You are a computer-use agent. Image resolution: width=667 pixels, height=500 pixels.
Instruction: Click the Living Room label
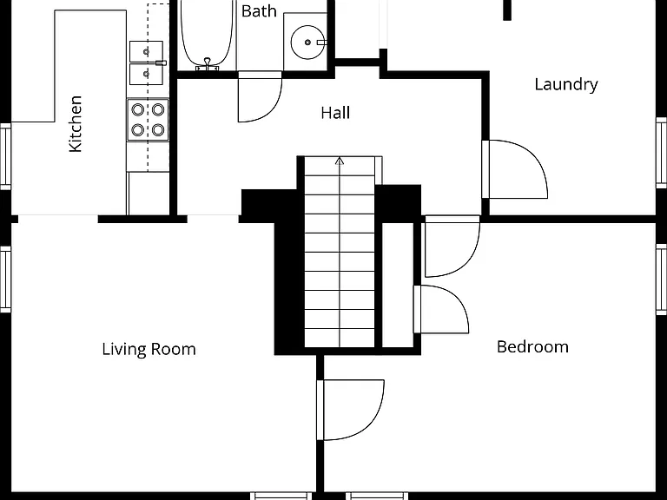(x=149, y=350)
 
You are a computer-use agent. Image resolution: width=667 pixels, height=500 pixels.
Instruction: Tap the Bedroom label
(x=532, y=346)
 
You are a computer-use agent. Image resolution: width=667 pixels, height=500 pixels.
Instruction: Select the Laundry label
(x=566, y=84)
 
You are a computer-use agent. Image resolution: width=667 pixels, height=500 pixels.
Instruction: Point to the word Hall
(x=335, y=113)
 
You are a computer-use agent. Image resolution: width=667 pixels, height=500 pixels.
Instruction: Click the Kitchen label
(x=76, y=124)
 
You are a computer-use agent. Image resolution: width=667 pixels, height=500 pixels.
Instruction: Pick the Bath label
(x=259, y=11)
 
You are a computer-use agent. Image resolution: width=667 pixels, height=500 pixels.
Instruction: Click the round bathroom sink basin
(x=307, y=42)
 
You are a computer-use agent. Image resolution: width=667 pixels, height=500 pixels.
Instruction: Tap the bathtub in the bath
(x=208, y=34)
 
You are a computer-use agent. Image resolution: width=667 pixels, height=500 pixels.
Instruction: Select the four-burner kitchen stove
(x=148, y=120)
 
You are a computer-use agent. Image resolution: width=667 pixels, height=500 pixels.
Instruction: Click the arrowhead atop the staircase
(x=340, y=161)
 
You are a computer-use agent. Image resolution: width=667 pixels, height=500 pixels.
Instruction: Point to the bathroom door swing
(x=260, y=97)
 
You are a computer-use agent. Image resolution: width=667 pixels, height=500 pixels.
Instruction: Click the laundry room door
(x=515, y=169)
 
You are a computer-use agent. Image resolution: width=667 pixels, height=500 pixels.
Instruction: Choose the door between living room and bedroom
(x=351, y=410)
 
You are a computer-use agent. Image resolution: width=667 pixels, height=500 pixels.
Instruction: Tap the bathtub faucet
(x=208, y=64)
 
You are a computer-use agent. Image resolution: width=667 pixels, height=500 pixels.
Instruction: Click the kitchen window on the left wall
(x=5, y=156)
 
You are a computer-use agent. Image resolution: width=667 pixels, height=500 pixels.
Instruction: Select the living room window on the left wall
(x=5, y=280)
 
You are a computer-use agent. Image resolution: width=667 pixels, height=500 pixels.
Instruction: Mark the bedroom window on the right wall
(x=662, y=280)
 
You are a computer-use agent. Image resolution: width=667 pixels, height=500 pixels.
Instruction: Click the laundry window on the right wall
(x=662, y=153)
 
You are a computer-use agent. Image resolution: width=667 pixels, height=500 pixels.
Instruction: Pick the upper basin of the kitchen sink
(x=146, y=51)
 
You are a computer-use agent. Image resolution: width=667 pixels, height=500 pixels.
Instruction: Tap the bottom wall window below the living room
(x=281, y=496)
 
